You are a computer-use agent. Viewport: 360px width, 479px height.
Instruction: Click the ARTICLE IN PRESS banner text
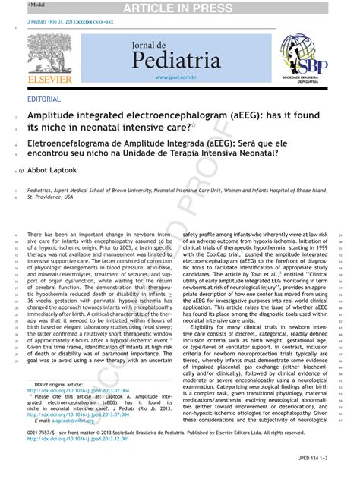click(x=180, y=8)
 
